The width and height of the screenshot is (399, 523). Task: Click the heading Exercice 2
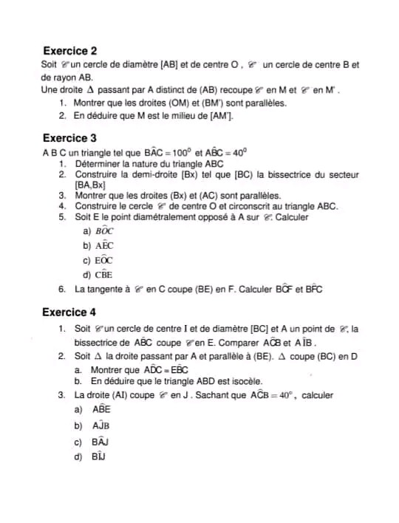tap(69, 51)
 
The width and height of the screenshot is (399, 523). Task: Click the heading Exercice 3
tap(69, 137)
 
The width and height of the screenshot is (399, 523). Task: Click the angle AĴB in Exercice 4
tap(102, 425)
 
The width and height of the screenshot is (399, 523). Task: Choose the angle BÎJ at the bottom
tap(100, 457)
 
